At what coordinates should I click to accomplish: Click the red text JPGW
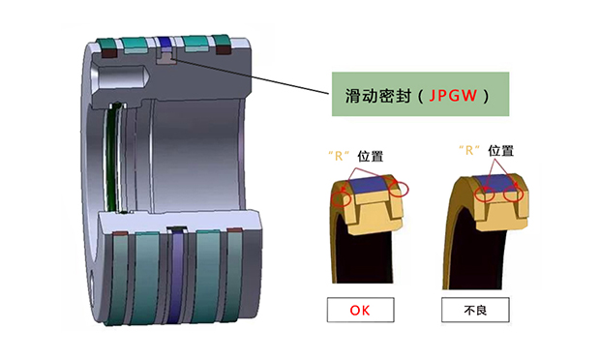tap(453, 95)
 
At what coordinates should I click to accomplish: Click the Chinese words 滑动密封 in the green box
tap(378, 96)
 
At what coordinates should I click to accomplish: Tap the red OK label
tap(360, 311)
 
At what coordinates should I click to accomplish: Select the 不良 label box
tap(475, 310)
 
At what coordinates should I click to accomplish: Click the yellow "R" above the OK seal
tap(339, 156)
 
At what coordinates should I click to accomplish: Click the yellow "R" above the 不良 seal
tap(469, 150)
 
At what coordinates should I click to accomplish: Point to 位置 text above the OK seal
tap(370, 156)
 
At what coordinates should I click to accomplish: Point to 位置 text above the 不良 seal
tap(500, 150)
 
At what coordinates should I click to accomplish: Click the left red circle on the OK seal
tap(342, 199)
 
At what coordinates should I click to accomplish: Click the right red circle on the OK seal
tap(399, 189)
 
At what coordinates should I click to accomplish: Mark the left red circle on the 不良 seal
tap(485, 195)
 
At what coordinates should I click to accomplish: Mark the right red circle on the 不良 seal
tap(513, 195)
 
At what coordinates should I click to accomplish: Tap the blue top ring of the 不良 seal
tap(497, 183)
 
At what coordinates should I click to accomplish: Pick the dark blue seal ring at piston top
tap(164, 42)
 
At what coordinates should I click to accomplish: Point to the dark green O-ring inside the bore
tap(111, 157)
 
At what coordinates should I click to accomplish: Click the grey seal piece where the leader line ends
tap(166, 58)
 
